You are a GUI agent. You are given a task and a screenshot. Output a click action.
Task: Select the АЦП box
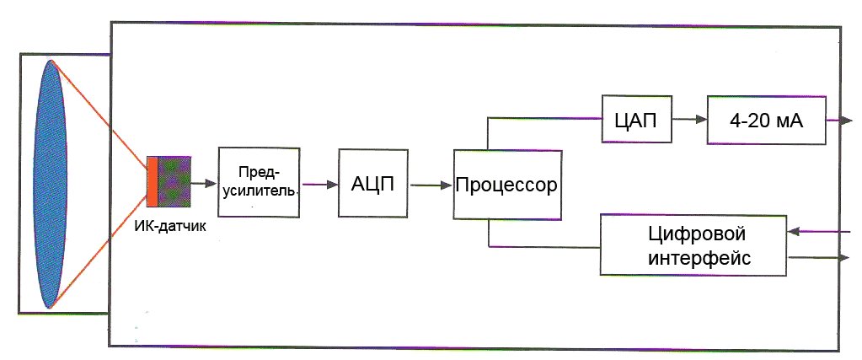pyautogui.click(x=372, y=184)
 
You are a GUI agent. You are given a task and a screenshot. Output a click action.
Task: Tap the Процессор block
pyautogui.click(x=506, y=185)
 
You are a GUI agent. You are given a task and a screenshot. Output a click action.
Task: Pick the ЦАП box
pyautogui.click(x=636, y=120)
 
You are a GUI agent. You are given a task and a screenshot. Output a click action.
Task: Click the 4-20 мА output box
pyautogui.click(x=766, y=120)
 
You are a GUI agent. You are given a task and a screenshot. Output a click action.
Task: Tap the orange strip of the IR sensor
pyautogui.click(x=152, y=180)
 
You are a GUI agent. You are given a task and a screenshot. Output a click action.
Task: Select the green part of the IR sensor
pyautogui.click(x=174, y=180)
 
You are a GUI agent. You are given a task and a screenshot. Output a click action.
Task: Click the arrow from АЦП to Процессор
pyautogui.click(x=430, y=185)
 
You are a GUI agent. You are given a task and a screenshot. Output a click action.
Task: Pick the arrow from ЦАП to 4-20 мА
pyautogui.click(x=689, y=120)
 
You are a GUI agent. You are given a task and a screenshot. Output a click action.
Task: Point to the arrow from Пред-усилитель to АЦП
pyautogui.click(x=319, y=184)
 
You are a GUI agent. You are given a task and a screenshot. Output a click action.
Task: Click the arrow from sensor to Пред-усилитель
pyautogui.click(x=204, y=181)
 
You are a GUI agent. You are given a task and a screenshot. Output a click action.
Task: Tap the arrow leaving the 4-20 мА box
pyautogui.click(x=839, y=121)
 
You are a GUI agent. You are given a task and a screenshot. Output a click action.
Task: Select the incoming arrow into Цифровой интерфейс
pyautogui.click(x=817, y=229)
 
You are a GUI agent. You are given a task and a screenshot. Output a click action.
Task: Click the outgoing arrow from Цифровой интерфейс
pyautogui.click(x=817, y=258)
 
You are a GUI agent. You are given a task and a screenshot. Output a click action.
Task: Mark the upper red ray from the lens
pyautogui.click(x=101, y=110)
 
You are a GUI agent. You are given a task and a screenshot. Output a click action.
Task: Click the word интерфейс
pyautogui.click(x=699, y=257)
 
